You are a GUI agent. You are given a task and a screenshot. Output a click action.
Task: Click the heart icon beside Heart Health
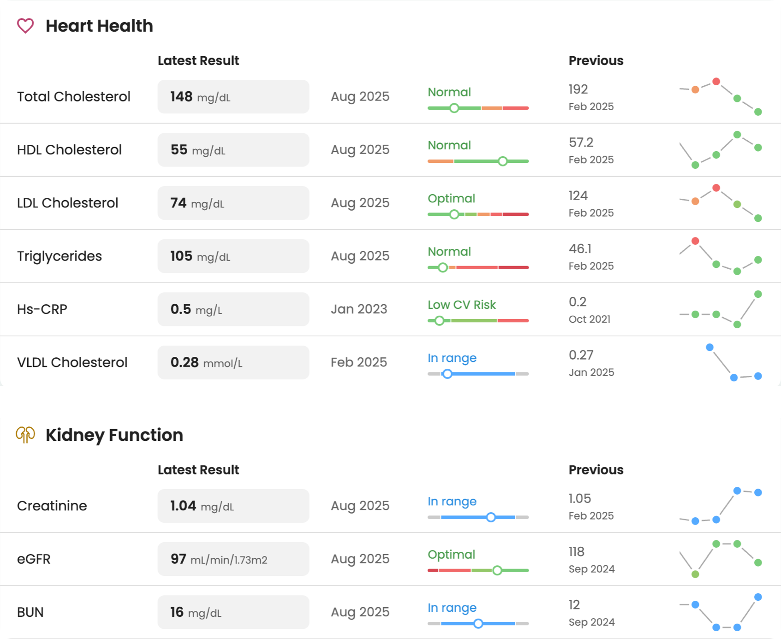coord(25,26)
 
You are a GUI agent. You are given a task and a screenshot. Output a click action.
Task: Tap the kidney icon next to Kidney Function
coord(25,435)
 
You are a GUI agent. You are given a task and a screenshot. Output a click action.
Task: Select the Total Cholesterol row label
coord(74,97)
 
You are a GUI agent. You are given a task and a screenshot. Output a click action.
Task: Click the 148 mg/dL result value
coord(200,97)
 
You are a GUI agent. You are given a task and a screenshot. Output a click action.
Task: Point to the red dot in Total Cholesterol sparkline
coord(716,82)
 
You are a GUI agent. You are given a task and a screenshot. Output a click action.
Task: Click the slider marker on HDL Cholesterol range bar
coord(503,161)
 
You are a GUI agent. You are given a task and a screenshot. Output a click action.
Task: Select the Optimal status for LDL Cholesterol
coord(451,198)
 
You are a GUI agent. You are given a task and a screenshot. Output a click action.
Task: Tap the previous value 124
coord(578,195)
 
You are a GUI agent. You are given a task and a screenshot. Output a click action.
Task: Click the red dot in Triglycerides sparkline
coord(695,241)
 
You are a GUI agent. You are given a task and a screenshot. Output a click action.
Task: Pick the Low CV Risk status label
coord(461,305)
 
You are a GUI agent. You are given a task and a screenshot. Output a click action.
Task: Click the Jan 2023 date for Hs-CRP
coord(359,309)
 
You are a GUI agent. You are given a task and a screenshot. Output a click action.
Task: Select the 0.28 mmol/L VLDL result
coord(206,362)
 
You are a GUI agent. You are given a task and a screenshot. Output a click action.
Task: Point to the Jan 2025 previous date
coord(591,373)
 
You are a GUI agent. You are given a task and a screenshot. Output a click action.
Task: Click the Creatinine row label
coord(52,506)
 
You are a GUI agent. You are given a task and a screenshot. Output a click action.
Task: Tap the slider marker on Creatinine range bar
coord(491,517)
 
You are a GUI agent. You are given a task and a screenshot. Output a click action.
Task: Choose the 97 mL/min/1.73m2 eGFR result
coord(219,559)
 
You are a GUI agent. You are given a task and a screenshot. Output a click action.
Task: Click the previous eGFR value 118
coord(577,551)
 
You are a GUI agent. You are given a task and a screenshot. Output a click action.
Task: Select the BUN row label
coord(30,612)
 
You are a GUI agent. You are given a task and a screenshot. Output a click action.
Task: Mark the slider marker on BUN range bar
coord(478,624)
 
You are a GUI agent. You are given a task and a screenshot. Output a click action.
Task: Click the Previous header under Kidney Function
coord(596,470)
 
